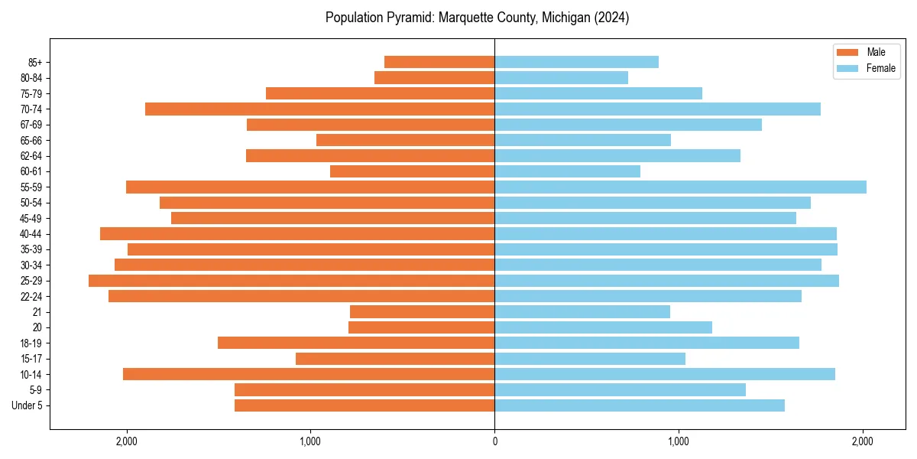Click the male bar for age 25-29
click(x=291, y=281)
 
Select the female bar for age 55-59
click(x=680, y=187)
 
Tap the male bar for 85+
click(x=439, y=62)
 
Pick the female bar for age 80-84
click(x=561, y=77)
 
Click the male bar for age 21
click(x=422, y=311)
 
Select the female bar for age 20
click(x=603, y=327)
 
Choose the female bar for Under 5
click(x=640, y=405)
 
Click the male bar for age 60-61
click(x=412, y=171)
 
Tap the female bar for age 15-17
click(x=590, y=359)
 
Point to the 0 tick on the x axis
click(x=494, y=441)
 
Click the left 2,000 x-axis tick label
click(x=126, y=441)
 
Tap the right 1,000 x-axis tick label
click(x=679, y=441)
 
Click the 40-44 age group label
click(x=31, y=234)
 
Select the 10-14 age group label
click(x=31, y=374)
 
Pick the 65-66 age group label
click(x=31, y=140)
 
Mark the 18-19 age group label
click(x=31, y=343)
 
